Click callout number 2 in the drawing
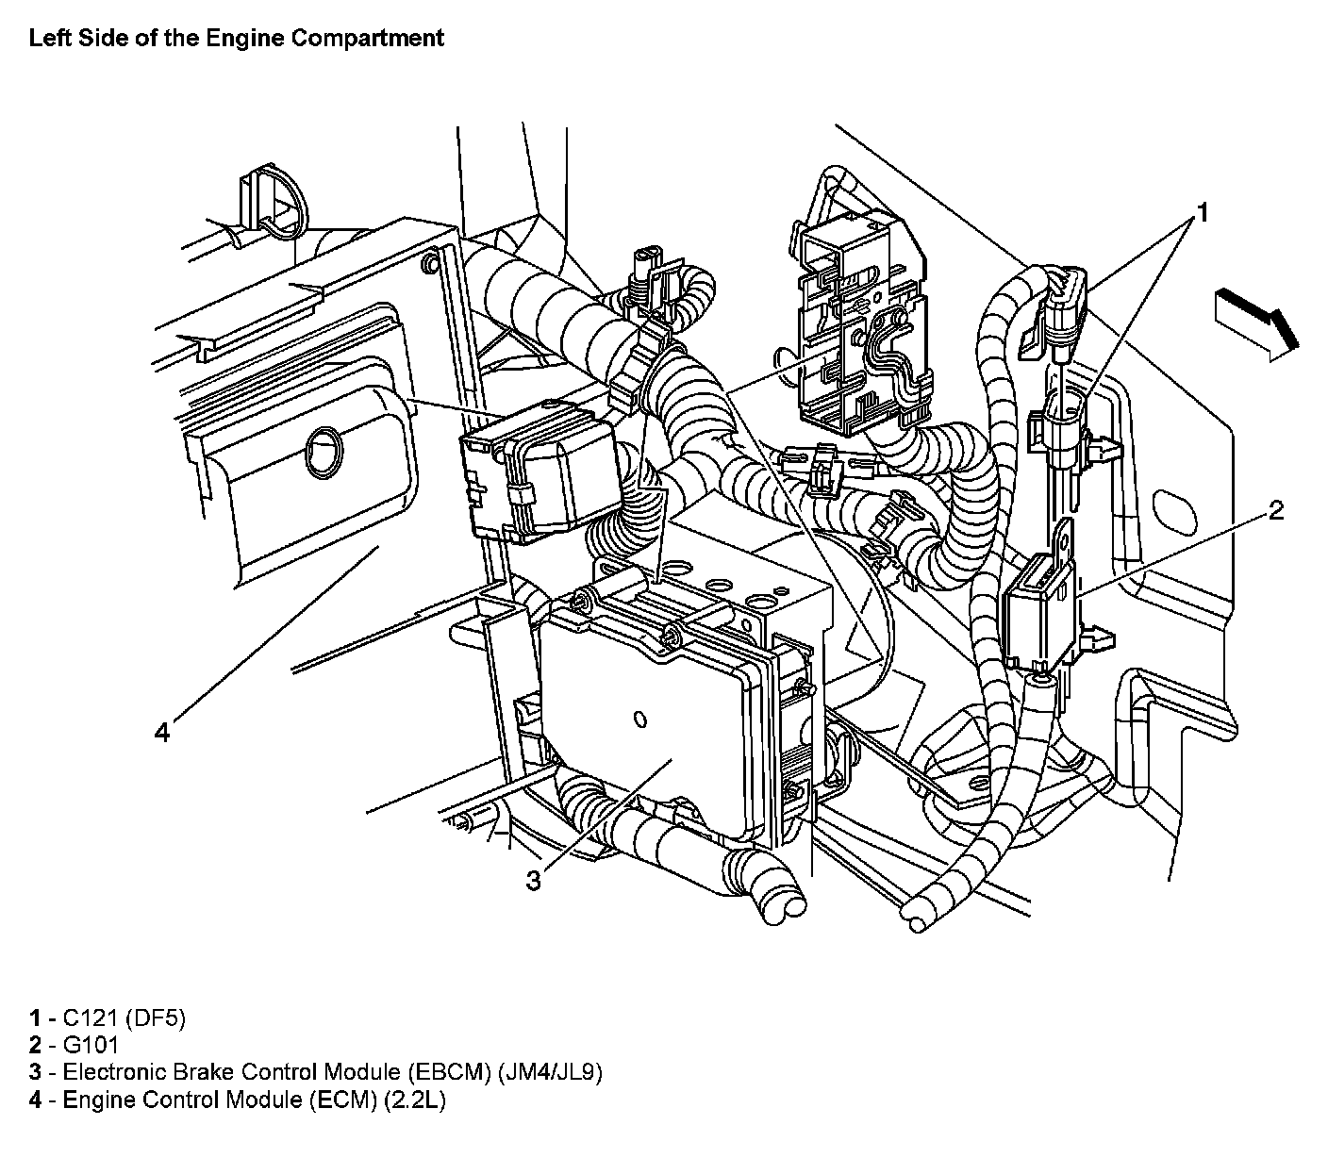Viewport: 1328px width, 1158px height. coord(1275,511)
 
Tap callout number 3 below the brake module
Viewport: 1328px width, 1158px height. coord(534,881)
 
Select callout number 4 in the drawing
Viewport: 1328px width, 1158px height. coord(163,732)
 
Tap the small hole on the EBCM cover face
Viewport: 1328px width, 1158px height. coord(640,720)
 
